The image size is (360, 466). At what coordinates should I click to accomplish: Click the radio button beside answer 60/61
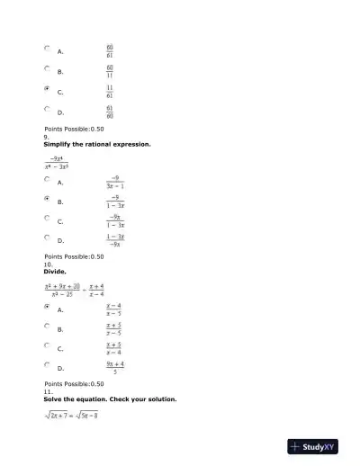47,49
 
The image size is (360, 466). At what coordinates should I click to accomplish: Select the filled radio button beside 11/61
47,89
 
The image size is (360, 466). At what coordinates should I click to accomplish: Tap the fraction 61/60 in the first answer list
110,112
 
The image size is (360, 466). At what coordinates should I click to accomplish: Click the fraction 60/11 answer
110,70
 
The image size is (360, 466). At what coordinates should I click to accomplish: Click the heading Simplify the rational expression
97,144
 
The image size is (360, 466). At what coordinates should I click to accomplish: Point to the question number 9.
48,137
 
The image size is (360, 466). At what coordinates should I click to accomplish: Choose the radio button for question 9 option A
47,179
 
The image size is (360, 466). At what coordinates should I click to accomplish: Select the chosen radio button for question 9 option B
47,198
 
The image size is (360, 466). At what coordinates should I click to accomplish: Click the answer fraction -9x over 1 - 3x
115,221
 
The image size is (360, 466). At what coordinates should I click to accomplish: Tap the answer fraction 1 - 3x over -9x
115,240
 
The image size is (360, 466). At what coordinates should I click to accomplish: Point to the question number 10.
49,264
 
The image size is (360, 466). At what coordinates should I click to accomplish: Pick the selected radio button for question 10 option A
47,306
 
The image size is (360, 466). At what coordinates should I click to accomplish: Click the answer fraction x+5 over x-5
114,328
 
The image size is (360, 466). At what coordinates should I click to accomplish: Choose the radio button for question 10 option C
47,345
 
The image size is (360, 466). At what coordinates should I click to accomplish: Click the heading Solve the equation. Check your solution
110,399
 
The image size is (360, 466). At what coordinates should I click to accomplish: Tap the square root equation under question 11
71,415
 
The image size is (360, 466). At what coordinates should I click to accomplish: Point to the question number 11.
49,391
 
